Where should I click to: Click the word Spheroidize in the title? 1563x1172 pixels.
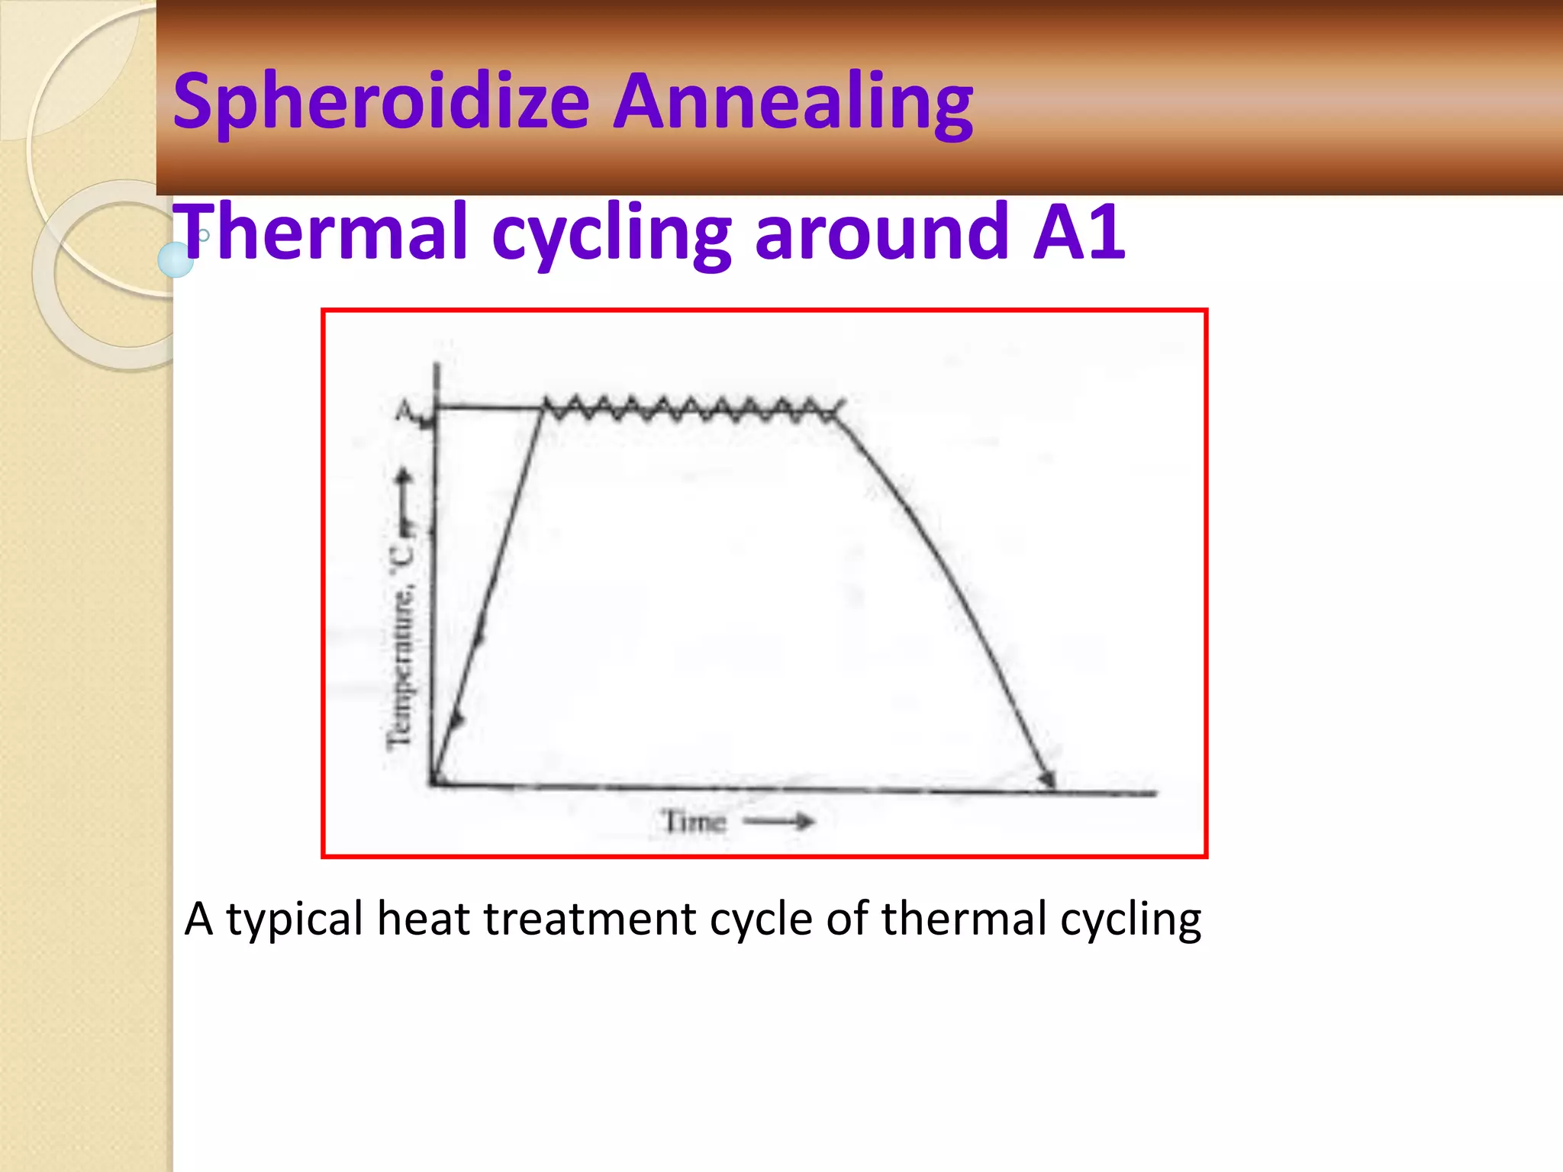coord(382,101)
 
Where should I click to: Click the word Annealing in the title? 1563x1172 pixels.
coord(794,101)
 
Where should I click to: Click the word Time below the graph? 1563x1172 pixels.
coord(693,822)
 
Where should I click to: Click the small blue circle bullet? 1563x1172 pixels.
coord(176,259)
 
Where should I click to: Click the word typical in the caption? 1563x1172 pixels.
coord(295,919)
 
